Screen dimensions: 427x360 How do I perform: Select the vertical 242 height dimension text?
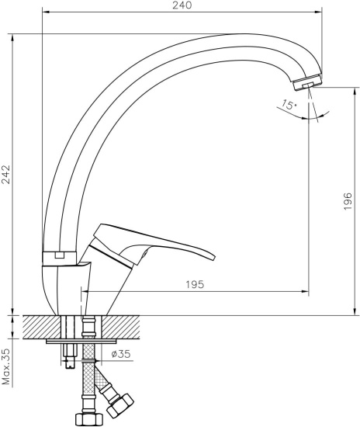pyautogui.click(x=7, y=175)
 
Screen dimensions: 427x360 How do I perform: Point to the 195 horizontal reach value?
pyautogui.click(x=195, y=285)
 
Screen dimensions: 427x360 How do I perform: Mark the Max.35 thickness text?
pyautogui.click(x=7, y=366)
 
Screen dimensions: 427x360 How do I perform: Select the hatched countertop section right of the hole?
pyautogui.click(x=124, y=325)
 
